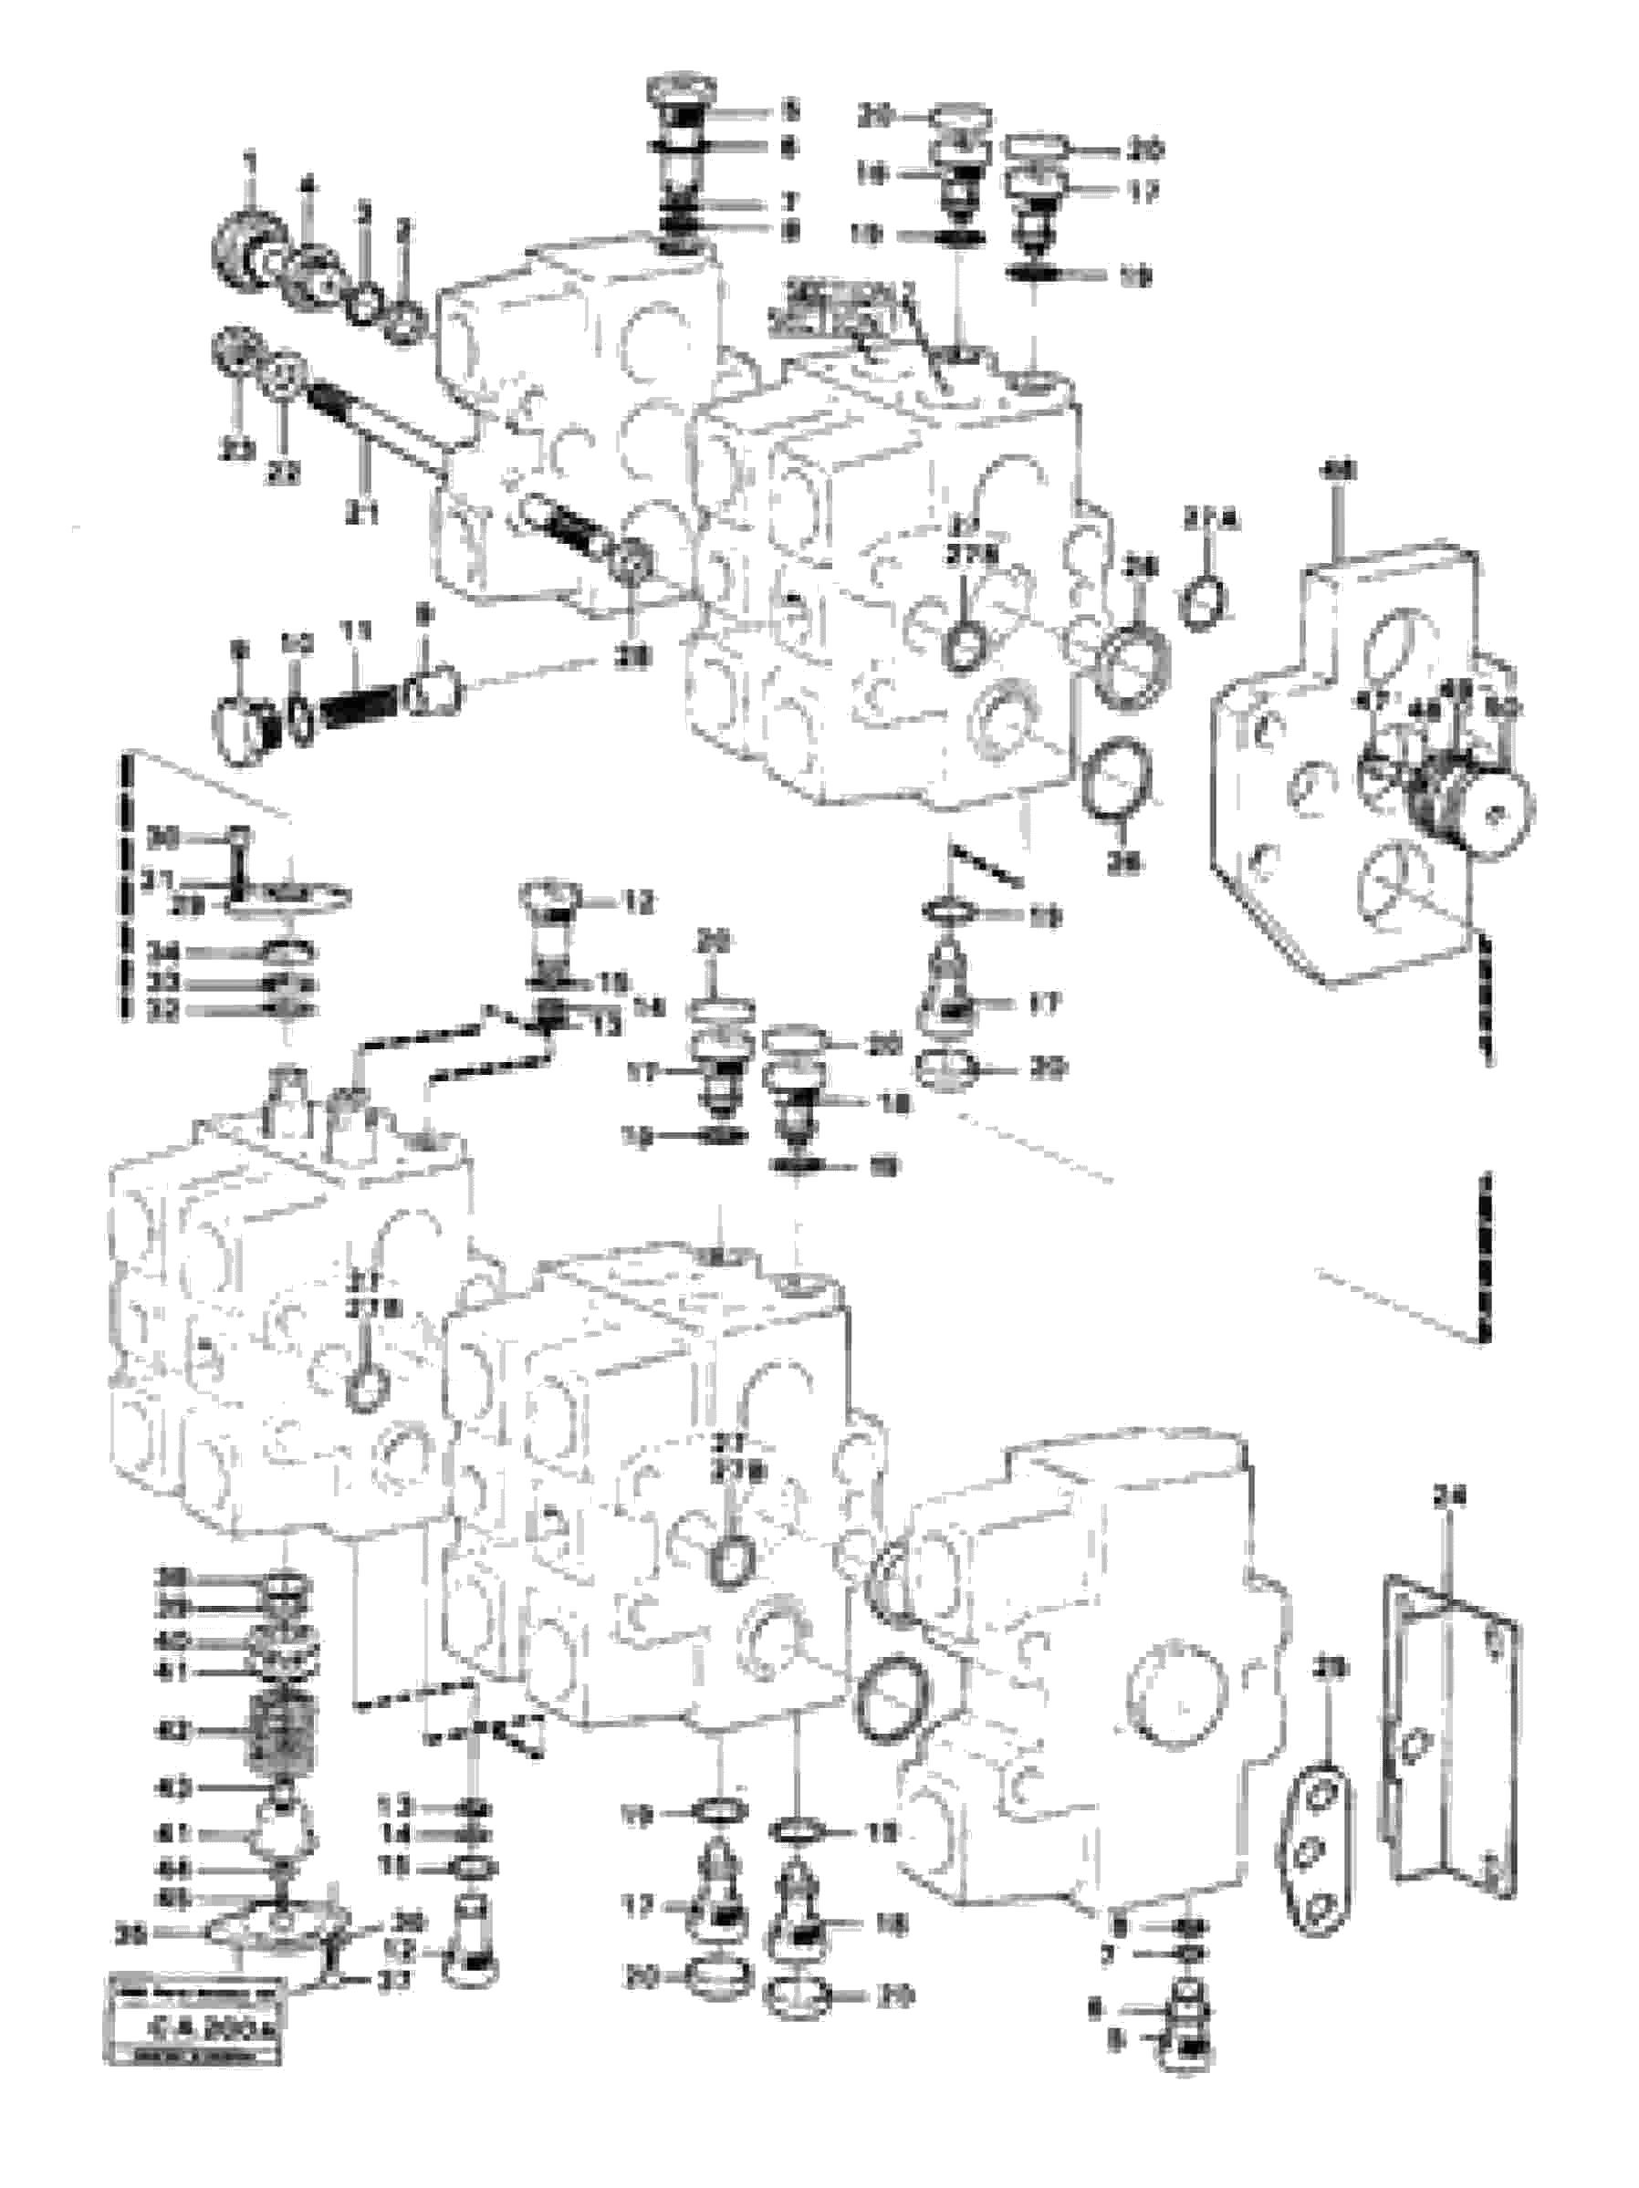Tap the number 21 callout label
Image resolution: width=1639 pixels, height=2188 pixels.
point(363,514)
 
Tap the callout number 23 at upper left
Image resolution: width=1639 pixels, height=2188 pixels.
point(237,451)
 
